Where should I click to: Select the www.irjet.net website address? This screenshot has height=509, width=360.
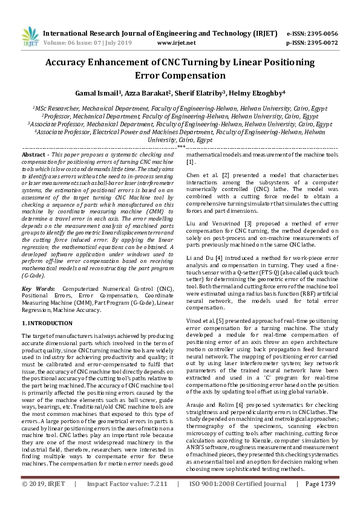176,43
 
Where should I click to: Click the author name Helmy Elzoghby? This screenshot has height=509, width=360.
260,93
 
